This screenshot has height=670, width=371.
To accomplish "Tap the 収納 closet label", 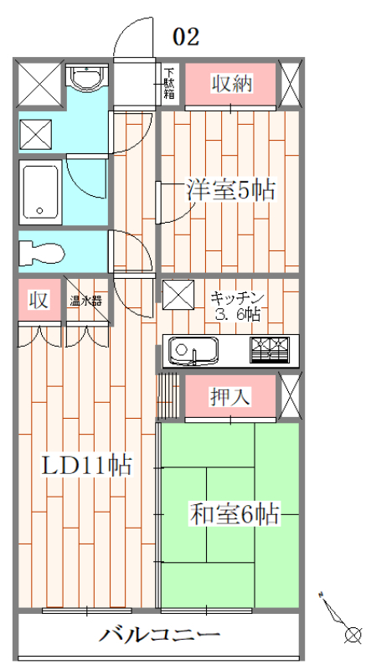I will [231, 84].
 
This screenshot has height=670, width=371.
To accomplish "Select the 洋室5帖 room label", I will [229, 190].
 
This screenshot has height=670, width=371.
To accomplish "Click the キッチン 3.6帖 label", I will [237, 306].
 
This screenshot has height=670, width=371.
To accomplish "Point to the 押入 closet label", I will [230, 396].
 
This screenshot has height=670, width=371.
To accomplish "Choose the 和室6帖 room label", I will [234, 513].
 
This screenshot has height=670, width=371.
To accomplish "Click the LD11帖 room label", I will [87, 466].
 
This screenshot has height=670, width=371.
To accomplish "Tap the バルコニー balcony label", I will [159, 635].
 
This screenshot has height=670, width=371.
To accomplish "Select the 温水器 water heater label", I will [85, 300].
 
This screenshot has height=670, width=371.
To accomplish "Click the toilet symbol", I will [39, 250].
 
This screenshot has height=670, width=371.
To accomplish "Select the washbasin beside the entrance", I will [85, 80].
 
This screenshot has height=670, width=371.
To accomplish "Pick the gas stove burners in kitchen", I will [272, 348].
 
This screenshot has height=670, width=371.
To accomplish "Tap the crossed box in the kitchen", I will [177, 295].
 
